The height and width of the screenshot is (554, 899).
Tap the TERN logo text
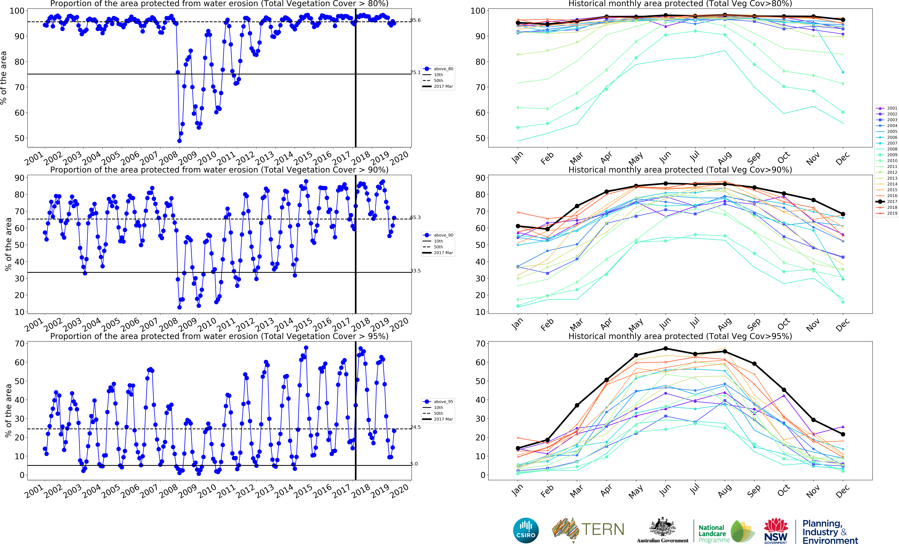(x=603, y=529)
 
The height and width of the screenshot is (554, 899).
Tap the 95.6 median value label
(x=415, y=20)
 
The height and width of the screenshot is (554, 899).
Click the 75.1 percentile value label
(x=415, y=73)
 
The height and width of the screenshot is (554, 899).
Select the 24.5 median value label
(x=415, y=427)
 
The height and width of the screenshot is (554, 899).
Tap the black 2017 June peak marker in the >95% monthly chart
(x=665, y=348)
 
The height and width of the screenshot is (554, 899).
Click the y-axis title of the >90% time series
(x=8, y=244)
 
